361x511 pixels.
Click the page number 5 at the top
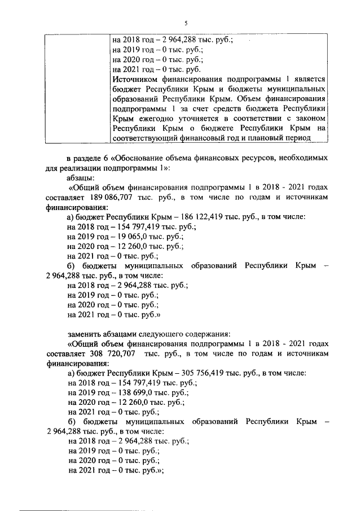click(x=185, y=22)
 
